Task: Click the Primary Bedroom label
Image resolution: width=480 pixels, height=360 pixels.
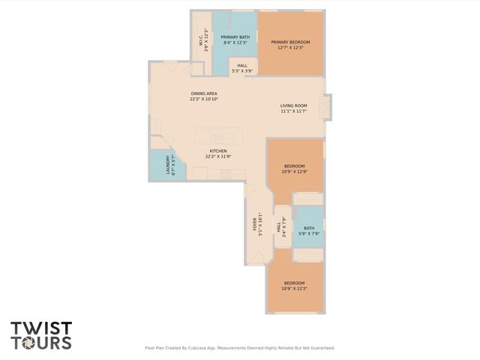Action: pyautogui.click(x=290, y=42)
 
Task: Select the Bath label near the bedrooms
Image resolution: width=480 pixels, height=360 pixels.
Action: pyautogui.click(x=308, y=229)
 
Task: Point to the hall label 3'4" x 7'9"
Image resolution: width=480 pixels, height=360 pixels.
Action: pyautogui.click(x=280, y=228)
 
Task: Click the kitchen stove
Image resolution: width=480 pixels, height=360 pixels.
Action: pyautogui.click(x=224, y=174)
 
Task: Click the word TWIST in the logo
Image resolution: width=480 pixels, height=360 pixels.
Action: pyautogui.click(x=41, y=328)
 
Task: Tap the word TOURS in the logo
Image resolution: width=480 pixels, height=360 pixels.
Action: pyautogui.click(x=41, y=343)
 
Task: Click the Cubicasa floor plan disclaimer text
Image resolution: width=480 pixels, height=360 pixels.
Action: pyautogui.click(x=239, y=348)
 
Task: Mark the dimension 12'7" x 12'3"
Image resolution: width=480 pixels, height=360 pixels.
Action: pyautogui.click(x=290, y=47)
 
